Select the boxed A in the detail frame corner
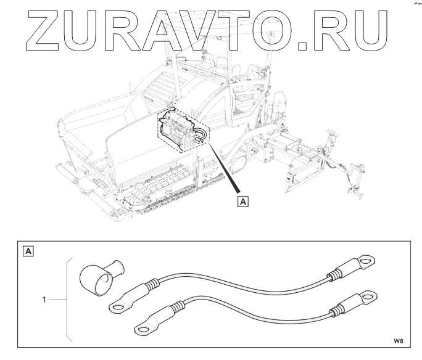click(x=28, y=251)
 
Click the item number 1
click(x=44, y=300)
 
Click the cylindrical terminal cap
click(x=100, y=276)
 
